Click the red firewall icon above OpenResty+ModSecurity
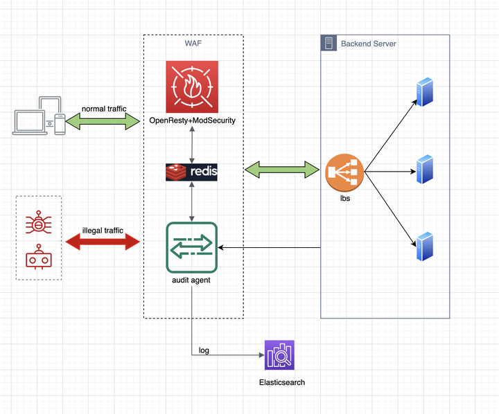192,87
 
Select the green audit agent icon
192,247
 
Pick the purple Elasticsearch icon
279,355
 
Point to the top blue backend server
423,91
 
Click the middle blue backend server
423,168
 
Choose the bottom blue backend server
423,246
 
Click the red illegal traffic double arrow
103,242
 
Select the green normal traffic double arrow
104,120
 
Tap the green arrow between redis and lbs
283,169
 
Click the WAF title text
193,44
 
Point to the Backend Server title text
368,44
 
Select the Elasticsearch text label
281,382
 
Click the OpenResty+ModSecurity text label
192,120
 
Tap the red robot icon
39,259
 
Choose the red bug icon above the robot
39,224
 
